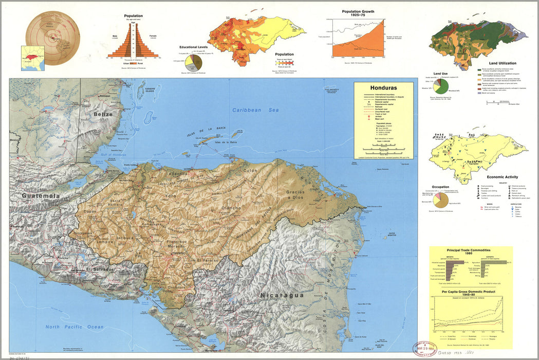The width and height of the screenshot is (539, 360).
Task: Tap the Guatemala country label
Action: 41,196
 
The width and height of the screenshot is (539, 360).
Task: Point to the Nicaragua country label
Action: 282,295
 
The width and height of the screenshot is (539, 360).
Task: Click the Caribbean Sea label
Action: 254,110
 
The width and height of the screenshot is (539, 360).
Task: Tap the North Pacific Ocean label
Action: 74,327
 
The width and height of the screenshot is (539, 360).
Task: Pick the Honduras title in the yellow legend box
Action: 383,87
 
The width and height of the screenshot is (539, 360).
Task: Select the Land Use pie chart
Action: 441,85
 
